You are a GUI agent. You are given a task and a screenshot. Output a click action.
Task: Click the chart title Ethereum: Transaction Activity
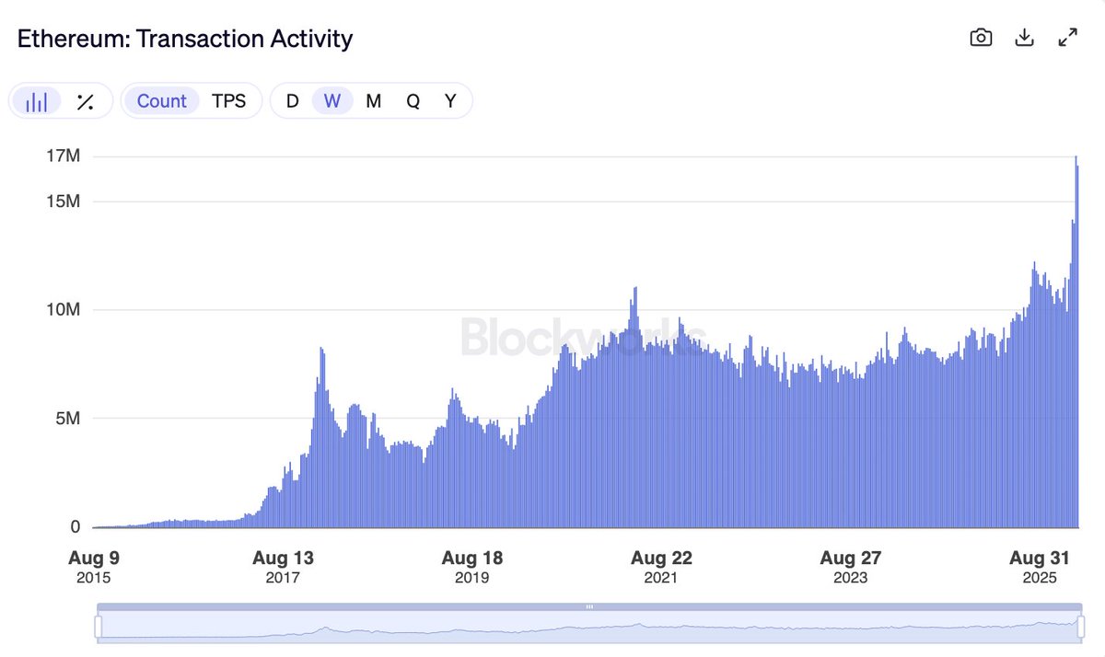pyautogui.click(x=185, y=39)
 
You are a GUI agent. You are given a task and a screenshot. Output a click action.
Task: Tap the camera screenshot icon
pyautogui.click(x=981, y=38)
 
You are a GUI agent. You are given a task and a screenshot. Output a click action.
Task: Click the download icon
pyautogui.click(x=1024, y=38)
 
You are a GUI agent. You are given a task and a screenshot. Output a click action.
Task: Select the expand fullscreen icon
pyautogui.click(x=1067, y=38)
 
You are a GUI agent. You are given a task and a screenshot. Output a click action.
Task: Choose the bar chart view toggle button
pyautogui.click(x=37, y=101)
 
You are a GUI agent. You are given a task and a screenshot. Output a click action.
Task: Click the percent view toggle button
pyautogui.click(x=85, y=101)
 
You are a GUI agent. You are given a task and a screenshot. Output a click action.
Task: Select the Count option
pyautogui.click(x=161, y=101)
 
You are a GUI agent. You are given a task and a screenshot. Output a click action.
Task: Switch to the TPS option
pyautogui.click(x=229, y=101)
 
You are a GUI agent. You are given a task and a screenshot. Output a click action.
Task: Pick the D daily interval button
pyautogui.click(x=293, y=101)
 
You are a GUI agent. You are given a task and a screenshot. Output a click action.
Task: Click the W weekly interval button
pyautogui.click(x=332, y=101)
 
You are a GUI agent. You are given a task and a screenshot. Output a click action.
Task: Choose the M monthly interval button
pyautogui.click(x=373, y=101)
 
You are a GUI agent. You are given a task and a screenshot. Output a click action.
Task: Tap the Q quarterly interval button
pyautogui.click(x=413, y=101)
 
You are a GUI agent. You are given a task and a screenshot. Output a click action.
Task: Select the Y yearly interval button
pyautogui.click(x=450, y=101)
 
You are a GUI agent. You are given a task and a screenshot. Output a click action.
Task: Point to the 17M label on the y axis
pyautogui.click(x=64, y=156)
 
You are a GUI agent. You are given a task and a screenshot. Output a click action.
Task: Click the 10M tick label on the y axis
pyautogui.click(x=64, y=309)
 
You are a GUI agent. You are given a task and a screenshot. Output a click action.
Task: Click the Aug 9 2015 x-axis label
pyautogui.click(x=94, y=567)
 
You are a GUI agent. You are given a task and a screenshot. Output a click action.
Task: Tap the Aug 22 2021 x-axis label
pyautogui.click(x=661, y=567)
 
